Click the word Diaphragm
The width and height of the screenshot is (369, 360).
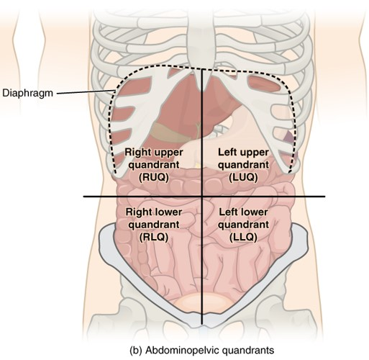[x=27, y=93]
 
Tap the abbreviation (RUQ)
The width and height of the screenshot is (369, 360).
[x=154, y=177]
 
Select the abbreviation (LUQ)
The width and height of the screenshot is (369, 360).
[x=243, y=177]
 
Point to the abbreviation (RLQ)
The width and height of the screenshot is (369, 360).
[x=154, y=237]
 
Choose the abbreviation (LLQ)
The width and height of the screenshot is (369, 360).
[x=243, y=237]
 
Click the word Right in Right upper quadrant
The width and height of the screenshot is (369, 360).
[x=138, y=153]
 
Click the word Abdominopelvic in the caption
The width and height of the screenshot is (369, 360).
[x=183, y=350]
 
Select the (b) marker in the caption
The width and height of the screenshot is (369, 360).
[x=136, y=351]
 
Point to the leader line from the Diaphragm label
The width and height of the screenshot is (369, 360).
[x=86, y=92]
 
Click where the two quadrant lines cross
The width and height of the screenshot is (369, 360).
[x=202, y=197]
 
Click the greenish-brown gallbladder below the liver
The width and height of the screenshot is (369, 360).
[x=168, y=131]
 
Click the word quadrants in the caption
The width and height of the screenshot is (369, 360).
[x=248, y=351]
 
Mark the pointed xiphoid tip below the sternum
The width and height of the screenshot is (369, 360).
[x=203, y=91]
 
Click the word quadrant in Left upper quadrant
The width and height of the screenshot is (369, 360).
[x=243, y=165]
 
